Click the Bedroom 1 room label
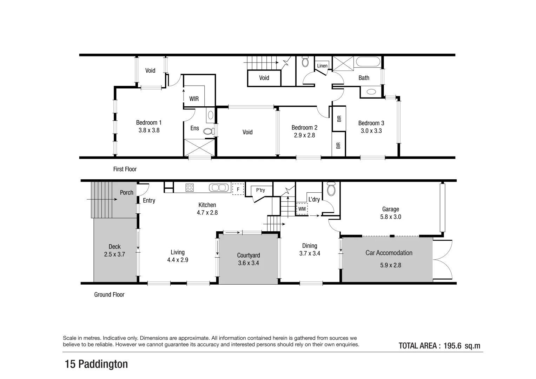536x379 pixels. point(149,122)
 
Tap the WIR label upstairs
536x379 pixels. point(194,99)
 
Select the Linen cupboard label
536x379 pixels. point(322,66)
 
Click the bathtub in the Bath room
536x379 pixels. point(368,63)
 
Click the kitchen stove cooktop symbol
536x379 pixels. point(190,188)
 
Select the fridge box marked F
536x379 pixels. point(238,189)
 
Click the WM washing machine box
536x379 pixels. point(302,209)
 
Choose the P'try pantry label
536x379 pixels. point(260,190)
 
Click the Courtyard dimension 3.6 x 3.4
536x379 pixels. point(248,263)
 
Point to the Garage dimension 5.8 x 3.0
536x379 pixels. point(390,217)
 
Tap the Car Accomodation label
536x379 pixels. point(389,253)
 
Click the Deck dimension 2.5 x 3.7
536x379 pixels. point(114,254)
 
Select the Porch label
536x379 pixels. point(126,193)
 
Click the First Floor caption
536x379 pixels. point(125,169)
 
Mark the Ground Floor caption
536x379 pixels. point(109,295)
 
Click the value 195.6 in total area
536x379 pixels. point(452,346)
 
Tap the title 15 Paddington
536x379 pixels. point(96,364)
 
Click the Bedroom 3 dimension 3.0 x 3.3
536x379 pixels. point(371,131)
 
